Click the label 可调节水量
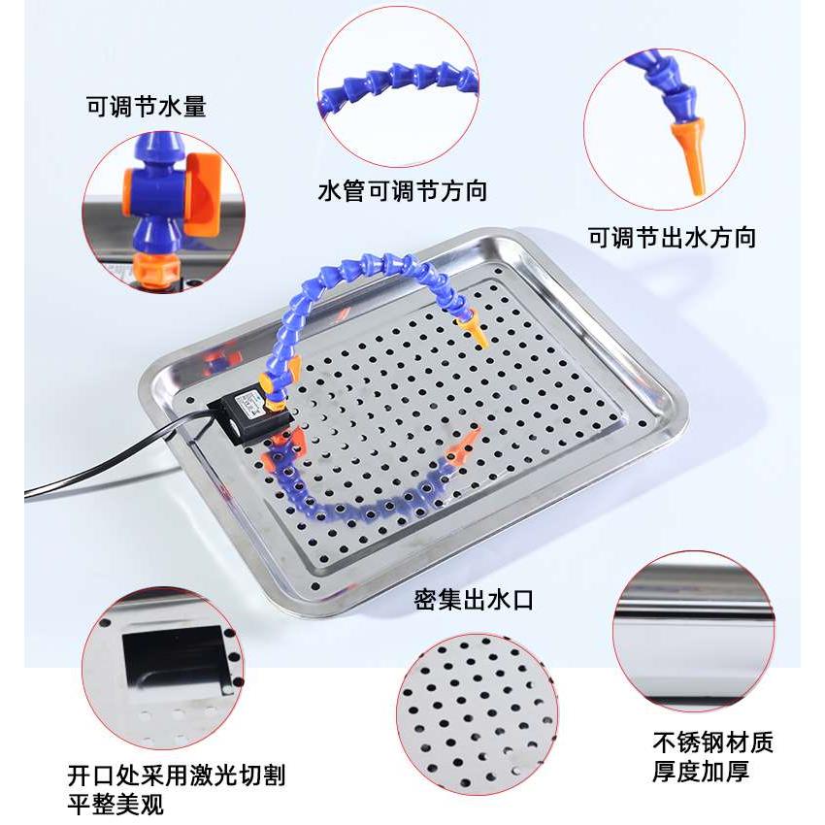(x=146, y=107)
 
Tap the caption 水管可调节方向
(x=403, y=191)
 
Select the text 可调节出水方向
(x=672, y=237)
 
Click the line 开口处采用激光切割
(x=177, y=775)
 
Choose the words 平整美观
(x=115, y=805)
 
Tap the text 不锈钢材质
(x=713, y=743)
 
